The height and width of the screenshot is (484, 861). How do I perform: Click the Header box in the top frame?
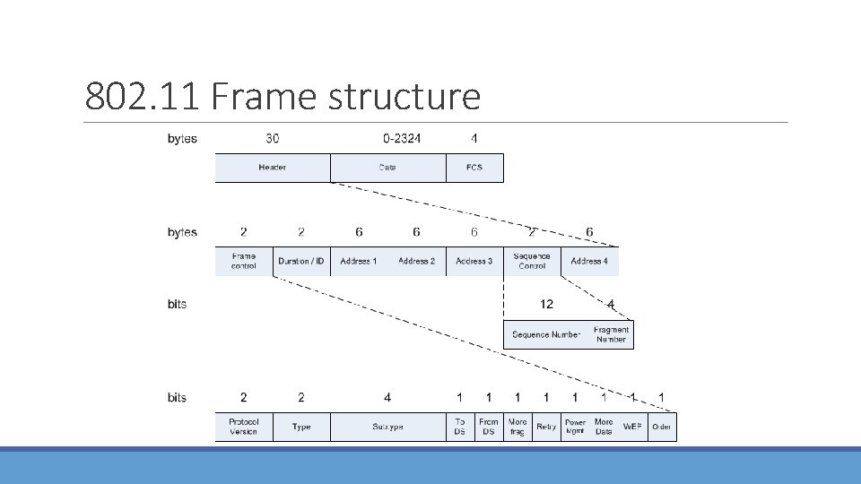point(273,168)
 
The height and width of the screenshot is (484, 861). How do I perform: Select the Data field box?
point(387,168)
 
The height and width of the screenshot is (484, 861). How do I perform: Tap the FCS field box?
point(474,168)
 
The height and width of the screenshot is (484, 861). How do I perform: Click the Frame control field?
point(243,261)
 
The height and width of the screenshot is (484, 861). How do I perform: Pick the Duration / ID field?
point(301,261)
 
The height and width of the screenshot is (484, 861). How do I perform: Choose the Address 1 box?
point(359,261)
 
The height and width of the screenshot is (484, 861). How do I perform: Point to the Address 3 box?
point(474,261)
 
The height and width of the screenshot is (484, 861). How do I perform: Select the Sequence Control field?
point(532,261)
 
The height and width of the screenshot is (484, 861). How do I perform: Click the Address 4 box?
point(589,261)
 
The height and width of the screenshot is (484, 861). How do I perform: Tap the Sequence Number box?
point(546,334)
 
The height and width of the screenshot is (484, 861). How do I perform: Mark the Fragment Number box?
point(611,334)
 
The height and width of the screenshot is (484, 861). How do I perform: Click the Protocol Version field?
point(243,427)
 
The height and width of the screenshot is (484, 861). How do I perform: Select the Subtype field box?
point(387,427)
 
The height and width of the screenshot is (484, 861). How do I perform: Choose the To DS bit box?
point(460,427)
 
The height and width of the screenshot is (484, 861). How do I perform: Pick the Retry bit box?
point(546,427)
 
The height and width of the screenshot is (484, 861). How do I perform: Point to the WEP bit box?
point(632,427)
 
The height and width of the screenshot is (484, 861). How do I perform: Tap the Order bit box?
point(662,427)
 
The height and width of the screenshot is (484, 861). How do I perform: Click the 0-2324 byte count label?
point(401,139)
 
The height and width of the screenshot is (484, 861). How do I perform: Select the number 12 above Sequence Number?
point(546,305)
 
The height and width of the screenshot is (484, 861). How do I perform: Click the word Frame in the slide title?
point(264,97)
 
